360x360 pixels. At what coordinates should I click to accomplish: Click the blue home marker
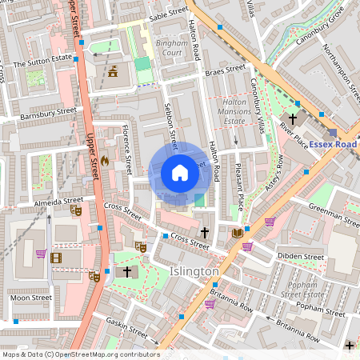click(180, 173)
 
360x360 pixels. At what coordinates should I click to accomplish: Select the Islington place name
click(194, 272)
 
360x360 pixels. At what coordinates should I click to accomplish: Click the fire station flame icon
click(104, 161)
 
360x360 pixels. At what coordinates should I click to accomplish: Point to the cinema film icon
click(55, 257)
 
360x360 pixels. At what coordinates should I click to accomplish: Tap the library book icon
click(237, 233)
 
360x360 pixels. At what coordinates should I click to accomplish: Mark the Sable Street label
click(168, 14)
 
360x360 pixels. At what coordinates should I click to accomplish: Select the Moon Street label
click(31, 297)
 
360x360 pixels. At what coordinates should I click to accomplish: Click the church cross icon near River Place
click(293, 118)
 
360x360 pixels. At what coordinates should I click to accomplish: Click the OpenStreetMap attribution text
click(80, 354)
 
